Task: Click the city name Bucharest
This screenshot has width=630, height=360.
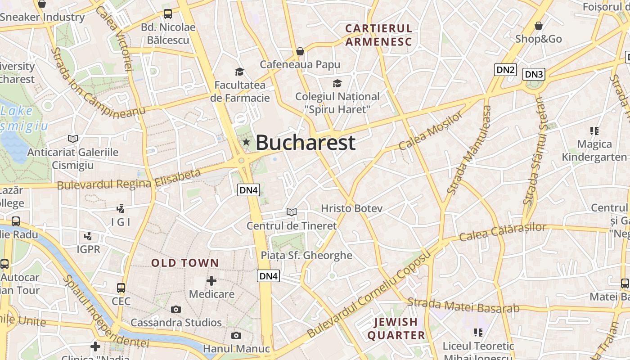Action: click(x=306, y=143)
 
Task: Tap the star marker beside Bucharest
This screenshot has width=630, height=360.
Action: click(x=246, y=142)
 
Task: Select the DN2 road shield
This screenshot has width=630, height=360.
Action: click(x=505, y=70)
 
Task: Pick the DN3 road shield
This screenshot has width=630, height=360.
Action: click(x=534, y=74)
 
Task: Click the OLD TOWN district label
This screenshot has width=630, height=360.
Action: click(x=185, y=263)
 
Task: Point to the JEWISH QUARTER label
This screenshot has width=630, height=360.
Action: click(x=396, y=328)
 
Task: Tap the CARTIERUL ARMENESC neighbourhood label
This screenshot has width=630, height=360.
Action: click(x=378, y=35)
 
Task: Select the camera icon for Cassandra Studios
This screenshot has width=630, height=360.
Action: click(x=176, y=309)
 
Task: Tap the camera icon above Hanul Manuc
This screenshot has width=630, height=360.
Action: click(x=236, y=335)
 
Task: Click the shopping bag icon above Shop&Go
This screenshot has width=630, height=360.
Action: click(x=538, y=26)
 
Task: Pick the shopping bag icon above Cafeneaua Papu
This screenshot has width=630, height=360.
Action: click(x=300, y=51)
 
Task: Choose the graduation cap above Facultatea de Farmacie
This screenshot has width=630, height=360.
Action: click(x=239, y=72)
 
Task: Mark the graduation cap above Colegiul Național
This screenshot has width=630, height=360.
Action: click(x=337, y=83)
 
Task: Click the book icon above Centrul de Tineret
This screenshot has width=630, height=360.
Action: click(x=292, y=212)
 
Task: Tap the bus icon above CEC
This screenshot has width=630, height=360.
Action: click(x=121, y=288)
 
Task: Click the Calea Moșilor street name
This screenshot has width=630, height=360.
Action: click(x=431, y=131)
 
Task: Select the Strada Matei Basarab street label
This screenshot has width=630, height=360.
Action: click(x=463, y=306)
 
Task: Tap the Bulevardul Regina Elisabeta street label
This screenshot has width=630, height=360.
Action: click(x=129, y=180)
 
